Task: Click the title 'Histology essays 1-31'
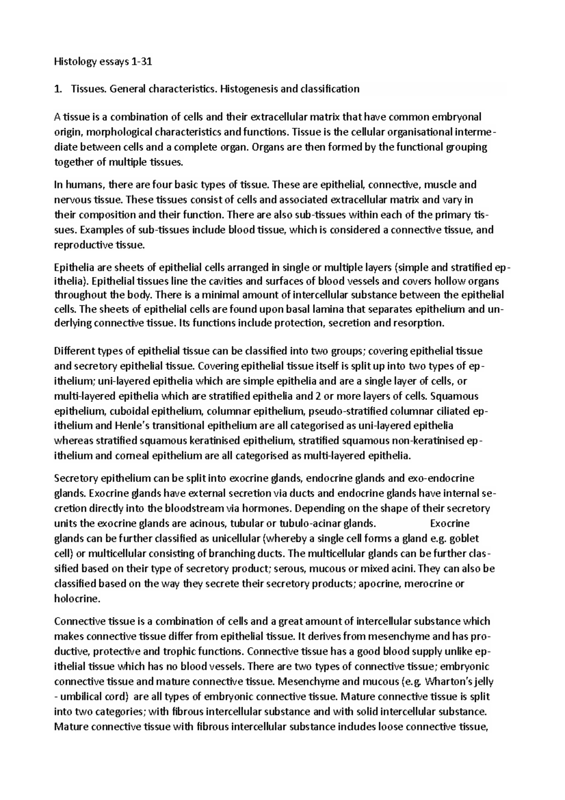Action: pos(103,62)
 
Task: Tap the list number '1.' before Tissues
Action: pos(58,89)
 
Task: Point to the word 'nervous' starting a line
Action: pos(71,200)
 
